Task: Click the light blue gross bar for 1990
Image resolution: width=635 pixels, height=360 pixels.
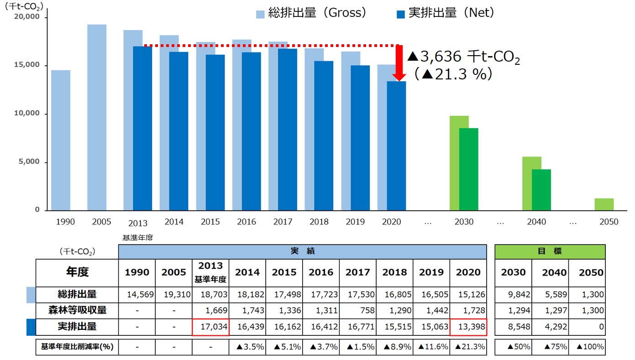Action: (x=61, y=140)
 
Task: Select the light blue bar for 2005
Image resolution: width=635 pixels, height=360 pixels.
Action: (x=97, y=117)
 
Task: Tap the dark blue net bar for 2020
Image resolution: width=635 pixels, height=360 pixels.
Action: (x=396, y=146)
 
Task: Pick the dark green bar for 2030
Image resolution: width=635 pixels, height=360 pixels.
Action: (x=469, y=169)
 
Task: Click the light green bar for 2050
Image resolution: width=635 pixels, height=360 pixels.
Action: (x=604, y=204)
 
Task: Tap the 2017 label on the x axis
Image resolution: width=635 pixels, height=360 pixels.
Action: (x=283, y=222)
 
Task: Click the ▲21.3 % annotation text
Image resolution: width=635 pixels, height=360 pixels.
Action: (x=453, y=74)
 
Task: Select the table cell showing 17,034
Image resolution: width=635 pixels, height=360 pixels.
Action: (x=210, y=327)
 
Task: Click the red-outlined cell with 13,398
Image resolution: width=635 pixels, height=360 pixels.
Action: (x=468, y=327)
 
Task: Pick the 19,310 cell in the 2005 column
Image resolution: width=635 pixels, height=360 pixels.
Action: (x=173, y=295)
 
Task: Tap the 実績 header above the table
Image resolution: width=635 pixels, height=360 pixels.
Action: (x=303, y=251)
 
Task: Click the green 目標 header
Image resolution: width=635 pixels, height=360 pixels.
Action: (x=550, y=251)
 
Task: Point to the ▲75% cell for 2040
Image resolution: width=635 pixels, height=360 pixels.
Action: (x=550, y=347)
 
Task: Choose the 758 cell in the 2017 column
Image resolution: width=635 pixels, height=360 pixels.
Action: (x=357, y=311)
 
